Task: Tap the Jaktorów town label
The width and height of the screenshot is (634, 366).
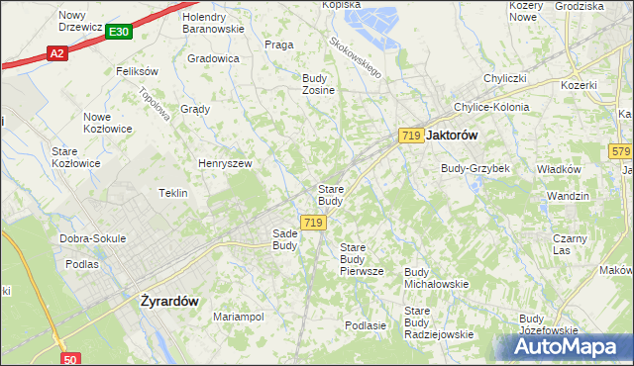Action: (453, 135)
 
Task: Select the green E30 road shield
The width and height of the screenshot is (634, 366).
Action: (118, 33)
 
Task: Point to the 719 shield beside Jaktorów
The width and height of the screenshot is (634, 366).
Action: (411, 135)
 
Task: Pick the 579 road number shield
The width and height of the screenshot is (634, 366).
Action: (621, 151)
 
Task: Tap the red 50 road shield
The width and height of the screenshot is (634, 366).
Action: (69, 360)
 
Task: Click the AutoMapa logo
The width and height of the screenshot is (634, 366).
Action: (569, 347)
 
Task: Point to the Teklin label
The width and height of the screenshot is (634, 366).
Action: (173, 193)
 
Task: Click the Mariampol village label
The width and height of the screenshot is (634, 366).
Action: (238, 317)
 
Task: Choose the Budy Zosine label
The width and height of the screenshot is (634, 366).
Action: (318, 84)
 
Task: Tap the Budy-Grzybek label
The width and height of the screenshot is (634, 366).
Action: (475, 168)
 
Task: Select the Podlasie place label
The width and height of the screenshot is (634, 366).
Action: (365, 324)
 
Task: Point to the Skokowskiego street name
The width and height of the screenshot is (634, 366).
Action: (356, 58)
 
